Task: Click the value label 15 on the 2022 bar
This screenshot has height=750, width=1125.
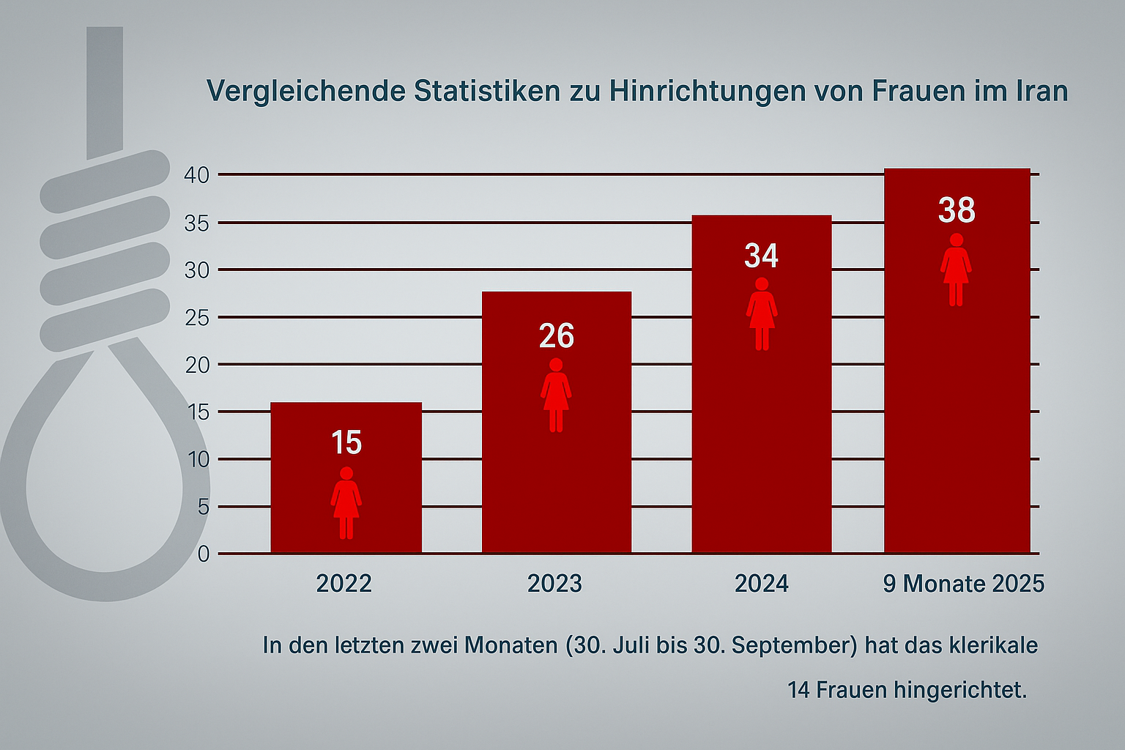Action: pyautogui.click(x=346, y=442)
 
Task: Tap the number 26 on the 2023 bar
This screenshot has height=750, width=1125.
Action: pyautogui.click(x=556, y=336)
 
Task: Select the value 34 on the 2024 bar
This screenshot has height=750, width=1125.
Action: pyautogui.click(x=761, y=256)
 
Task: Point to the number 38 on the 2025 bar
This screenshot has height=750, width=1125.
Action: pyautogui.click(x=957, y=210)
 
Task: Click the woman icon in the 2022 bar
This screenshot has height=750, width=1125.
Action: pyautogui.click(x=346, y=502)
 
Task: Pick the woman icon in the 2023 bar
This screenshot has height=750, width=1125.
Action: pyautogui.click(x=556, y=395)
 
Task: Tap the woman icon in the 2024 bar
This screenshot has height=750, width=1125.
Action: pyautogui.click(x=762, y=313)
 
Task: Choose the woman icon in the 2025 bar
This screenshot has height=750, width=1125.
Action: pyautogui.click(x=956, y=270)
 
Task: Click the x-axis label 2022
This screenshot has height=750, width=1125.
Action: pyautogui.click(x=344, y=584)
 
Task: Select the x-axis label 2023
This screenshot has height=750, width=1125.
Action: pyautogui.click(x=555, y=584)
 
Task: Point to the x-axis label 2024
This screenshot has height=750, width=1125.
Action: pyautogui.click(x=762, y=584)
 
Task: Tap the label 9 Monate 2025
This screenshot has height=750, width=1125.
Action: pyautogui.click(x=963, y=584)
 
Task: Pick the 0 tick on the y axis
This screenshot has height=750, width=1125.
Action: pyautogui.click(x=203, y=554)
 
